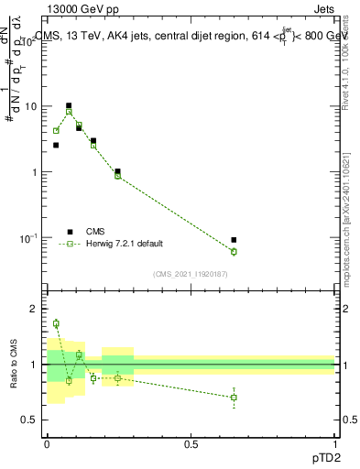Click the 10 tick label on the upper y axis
33,106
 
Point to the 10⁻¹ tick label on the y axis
31,238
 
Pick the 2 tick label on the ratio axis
37,310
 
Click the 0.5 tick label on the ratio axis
33,420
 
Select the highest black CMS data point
69,105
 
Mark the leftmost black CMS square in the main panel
56,145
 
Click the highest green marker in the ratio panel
56,323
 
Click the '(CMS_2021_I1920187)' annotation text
190,273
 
